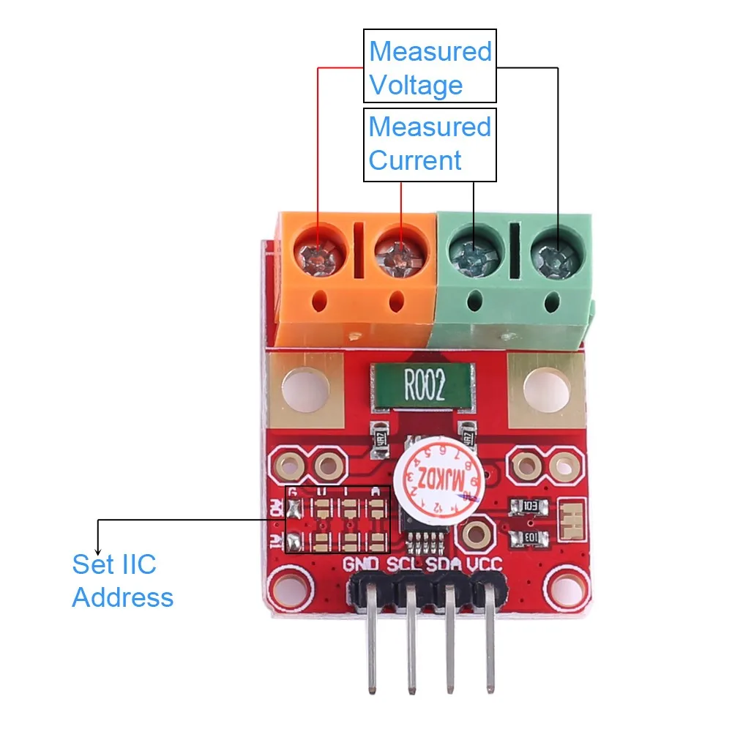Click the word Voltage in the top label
(x=416, y=85)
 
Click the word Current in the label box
(x=415, y=160)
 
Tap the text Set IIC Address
(x=122, y=580)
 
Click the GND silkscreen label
(x=362, y=564)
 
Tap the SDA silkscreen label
(x=447, y=564)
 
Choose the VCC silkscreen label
(x=488, y=564)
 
